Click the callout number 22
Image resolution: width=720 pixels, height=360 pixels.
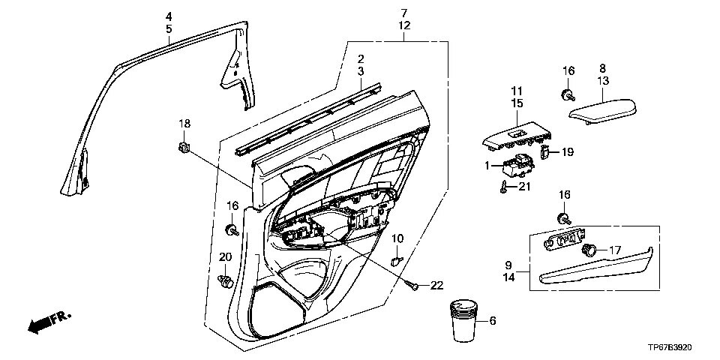coord(435,285)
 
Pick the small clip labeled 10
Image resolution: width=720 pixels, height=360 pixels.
coord(397,259)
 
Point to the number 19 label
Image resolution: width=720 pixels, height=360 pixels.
coord(567,152)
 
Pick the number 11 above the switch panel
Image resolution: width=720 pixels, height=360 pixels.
coord(516,90)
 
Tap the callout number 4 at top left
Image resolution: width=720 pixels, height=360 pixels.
coord(169,16)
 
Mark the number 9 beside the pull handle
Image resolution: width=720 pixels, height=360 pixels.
coord(508,265)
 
